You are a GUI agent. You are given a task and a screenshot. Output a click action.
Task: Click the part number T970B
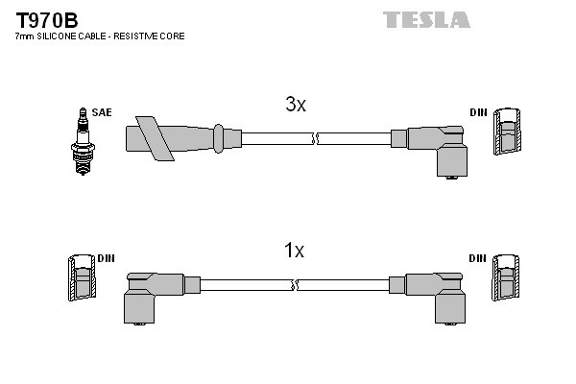45,19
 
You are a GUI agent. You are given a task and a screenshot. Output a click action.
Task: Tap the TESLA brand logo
427,19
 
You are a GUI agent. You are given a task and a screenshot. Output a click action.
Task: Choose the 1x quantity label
294,251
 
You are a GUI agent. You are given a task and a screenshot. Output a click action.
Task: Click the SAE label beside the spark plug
102,112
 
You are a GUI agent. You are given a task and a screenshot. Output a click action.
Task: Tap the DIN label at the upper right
478,112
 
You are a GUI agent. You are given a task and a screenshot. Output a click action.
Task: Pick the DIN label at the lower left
106,258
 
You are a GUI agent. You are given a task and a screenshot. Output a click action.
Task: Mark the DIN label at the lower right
478,258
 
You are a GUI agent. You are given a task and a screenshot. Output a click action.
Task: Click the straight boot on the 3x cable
182,137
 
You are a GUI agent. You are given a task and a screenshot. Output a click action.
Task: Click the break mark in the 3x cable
313,138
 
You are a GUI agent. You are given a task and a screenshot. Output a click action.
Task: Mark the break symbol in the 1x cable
296,285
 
